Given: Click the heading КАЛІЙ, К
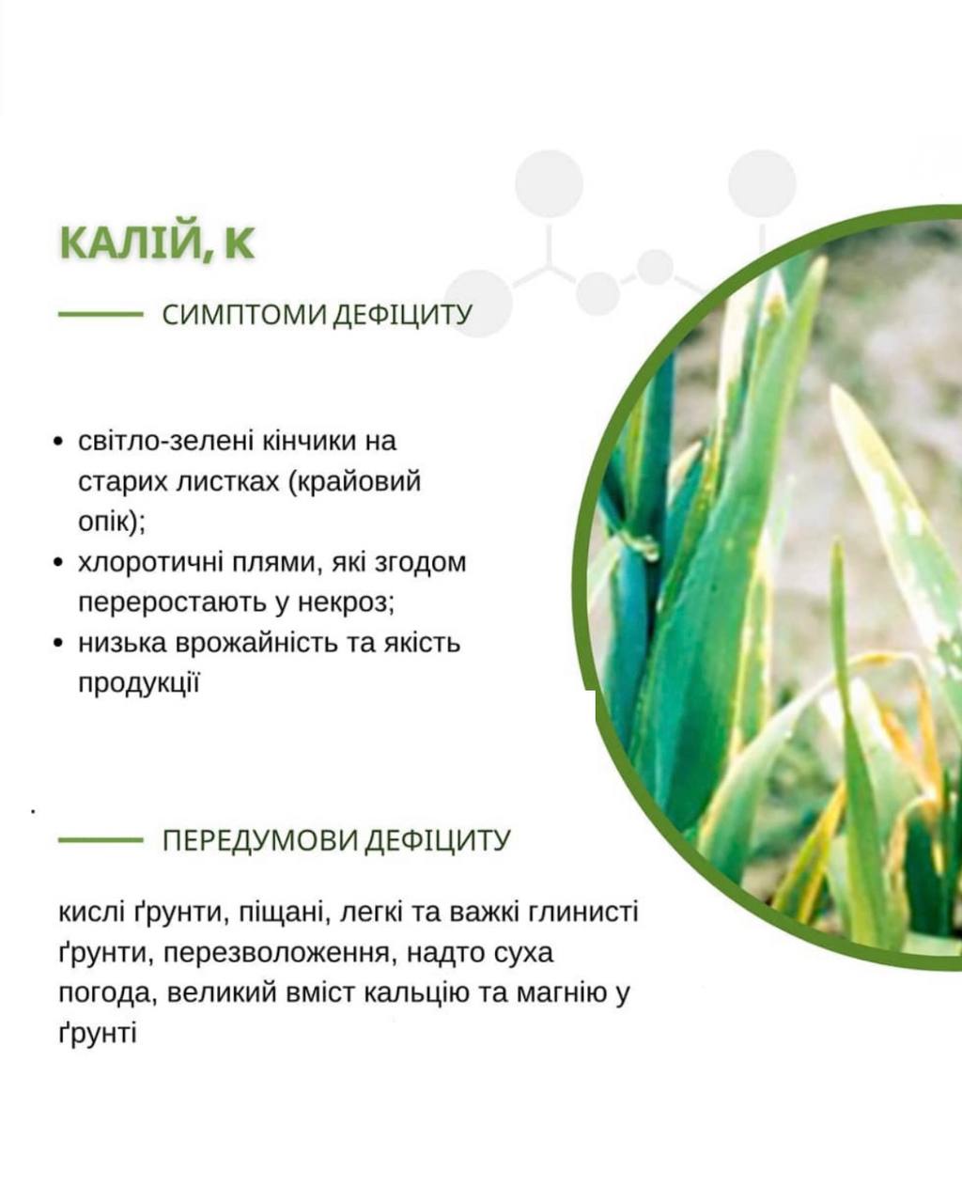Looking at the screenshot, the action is (157, 243).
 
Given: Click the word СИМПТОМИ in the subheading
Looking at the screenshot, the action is (243, 315).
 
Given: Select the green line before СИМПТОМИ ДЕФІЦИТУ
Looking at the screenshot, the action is (101, 315).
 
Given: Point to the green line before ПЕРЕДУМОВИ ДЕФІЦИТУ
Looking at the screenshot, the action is (101, 839).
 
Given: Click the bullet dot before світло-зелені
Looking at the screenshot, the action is (57, 442).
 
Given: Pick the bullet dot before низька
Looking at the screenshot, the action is (57, 644).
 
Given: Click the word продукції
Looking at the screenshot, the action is (139, 683).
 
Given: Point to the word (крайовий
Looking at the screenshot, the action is (354, 482).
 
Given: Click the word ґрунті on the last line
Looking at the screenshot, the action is (98, 1034).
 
